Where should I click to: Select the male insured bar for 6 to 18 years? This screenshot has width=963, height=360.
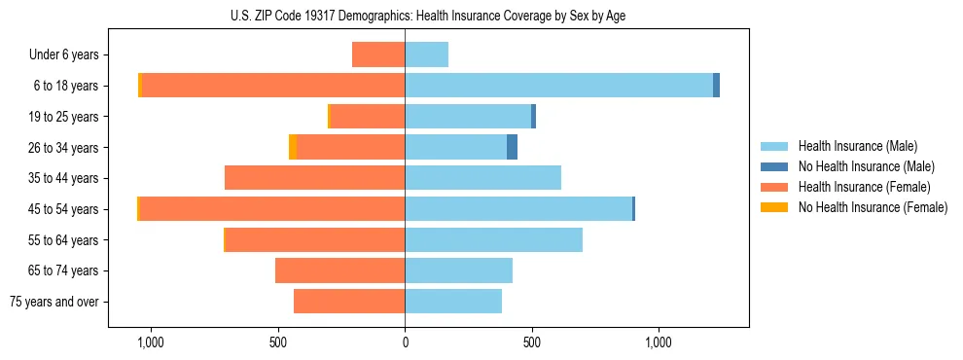[x=558, y=86]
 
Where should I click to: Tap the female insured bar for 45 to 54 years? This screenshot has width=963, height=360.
[x=272, y=209]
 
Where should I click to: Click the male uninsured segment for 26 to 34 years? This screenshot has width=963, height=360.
[x=512, y=147]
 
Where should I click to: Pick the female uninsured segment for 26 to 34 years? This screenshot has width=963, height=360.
[x=293, y=147]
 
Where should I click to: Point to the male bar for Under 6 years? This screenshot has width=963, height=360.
[x=426, y=54]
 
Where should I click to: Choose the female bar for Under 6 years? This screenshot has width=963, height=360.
[x=378, y=54]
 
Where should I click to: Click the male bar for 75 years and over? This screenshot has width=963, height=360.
[x=453, y=302]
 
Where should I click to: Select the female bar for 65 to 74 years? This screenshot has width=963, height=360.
[x=339, y=270]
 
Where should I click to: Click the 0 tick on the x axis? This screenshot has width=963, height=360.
[x=405, y=342]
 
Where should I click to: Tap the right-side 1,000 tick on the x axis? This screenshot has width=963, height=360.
[x=659, y=342]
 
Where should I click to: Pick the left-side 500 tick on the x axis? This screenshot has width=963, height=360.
[x=278, y=342]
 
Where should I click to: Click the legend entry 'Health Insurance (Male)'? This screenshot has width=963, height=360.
[x=857, y=146]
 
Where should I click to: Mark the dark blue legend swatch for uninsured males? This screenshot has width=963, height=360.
[x=774, y=166]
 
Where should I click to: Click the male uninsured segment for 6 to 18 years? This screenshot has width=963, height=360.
[x=716, y=86]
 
